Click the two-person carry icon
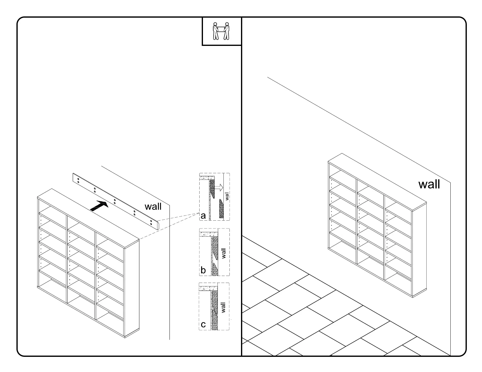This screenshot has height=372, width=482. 221,31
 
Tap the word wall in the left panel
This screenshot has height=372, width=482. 153,206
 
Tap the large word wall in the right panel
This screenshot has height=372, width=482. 429,184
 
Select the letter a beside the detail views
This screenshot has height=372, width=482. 203,216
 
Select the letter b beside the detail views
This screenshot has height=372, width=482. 203,270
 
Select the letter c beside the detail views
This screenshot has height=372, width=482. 203,324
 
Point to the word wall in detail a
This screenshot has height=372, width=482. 227,196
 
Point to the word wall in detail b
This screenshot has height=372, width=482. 224,253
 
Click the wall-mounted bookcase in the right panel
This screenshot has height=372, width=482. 377,225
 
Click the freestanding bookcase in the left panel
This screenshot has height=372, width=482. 88,261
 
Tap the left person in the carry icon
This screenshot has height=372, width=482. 216,31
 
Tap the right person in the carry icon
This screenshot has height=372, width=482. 227,31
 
